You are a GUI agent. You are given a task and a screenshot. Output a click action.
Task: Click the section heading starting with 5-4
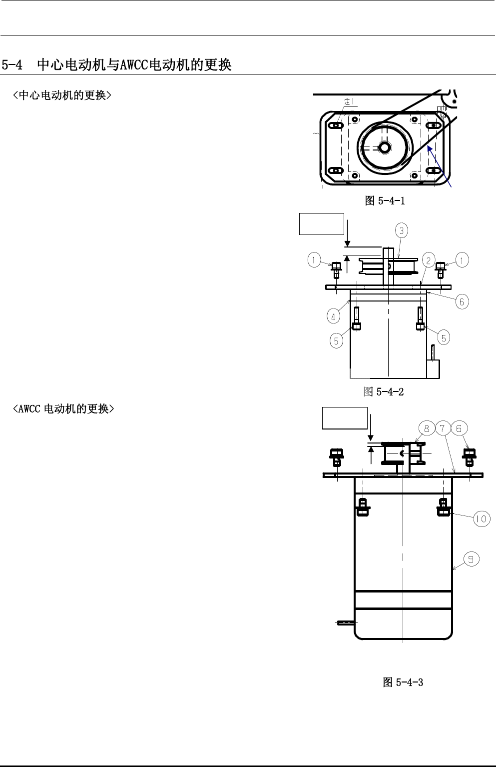pos(117,65)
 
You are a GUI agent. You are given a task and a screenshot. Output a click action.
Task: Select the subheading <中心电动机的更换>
pos(61,95)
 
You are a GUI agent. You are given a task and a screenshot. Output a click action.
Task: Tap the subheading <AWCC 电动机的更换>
pos(63,409)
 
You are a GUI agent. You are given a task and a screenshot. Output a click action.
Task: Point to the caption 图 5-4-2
pos(383,391)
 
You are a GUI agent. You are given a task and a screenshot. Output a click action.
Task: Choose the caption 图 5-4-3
pos(403,682)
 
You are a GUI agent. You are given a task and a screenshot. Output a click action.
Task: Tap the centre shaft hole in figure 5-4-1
pos(385,147)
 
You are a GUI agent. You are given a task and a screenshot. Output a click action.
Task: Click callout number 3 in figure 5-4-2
pos(402,230)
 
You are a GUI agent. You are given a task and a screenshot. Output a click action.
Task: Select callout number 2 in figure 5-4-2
pos(429,260)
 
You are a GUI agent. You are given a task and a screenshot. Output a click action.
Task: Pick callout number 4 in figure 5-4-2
pos(334,316)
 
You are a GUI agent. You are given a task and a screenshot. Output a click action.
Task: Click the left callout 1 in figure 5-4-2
pos(314,259)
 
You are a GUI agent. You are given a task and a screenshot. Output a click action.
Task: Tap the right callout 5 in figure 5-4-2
pos(443,337)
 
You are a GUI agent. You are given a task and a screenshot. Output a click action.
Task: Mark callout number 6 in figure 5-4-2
pos(462,301)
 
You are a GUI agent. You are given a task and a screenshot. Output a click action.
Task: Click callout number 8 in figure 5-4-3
pos(427,428)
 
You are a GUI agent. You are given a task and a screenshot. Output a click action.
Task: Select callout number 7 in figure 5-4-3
pos(443,428)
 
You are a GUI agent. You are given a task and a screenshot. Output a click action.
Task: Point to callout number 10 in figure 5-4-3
pos(482,519)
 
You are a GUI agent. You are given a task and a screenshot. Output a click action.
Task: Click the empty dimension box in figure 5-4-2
pos(321,224)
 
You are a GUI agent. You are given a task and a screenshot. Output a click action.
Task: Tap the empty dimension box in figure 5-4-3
pos(345,418)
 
